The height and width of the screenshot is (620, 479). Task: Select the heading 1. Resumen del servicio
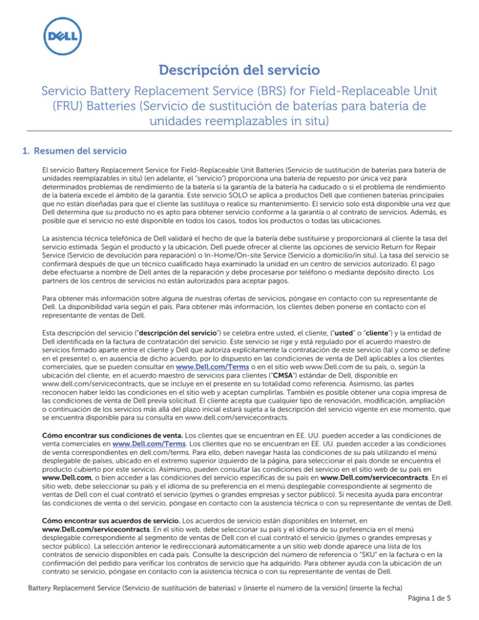(75, 150)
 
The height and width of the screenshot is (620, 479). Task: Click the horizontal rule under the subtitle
(239, 131)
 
